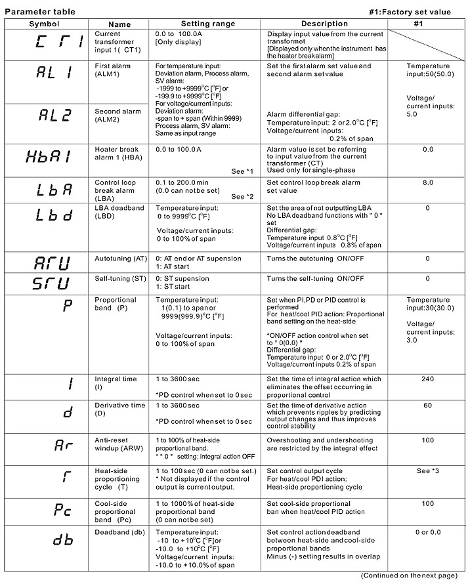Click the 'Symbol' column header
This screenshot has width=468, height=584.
point(44,24)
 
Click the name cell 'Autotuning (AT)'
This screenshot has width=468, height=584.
point(121,259)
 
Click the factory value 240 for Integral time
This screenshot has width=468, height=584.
point(427,379)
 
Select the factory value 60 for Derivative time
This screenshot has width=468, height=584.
point(427,405)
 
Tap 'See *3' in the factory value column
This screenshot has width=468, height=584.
point(427,471)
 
